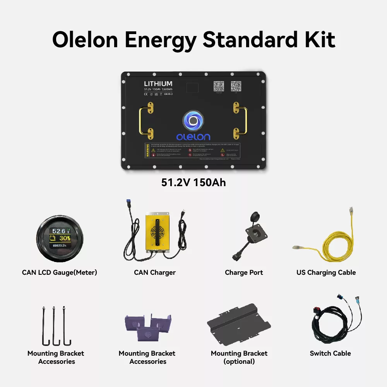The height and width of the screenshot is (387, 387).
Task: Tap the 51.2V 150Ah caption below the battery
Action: [193, 182]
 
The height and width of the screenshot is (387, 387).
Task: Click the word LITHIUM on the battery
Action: [158, 84]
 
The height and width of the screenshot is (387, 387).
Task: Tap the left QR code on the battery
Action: [219, 86]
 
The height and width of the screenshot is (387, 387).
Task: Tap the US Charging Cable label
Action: [326, 272]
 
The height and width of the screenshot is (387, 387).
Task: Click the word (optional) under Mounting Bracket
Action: [239, 361]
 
